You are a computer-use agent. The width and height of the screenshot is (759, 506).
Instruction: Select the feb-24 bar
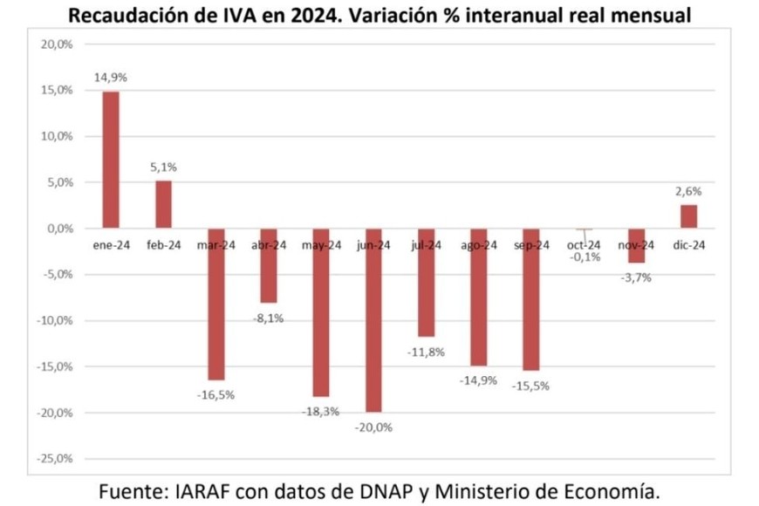[163, 204]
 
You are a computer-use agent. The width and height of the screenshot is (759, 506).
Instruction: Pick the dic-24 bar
[688, 216]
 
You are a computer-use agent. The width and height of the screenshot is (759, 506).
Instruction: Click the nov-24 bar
[636, 245]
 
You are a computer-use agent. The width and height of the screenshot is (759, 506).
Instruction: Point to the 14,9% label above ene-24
[111, 78]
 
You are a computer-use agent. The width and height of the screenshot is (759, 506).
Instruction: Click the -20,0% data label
[373, 427]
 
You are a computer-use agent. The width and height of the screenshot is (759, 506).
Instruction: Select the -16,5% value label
[215, 394]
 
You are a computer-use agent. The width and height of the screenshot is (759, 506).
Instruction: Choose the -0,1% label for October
[584, 257]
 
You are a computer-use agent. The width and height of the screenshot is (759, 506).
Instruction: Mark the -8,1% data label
[268, 318]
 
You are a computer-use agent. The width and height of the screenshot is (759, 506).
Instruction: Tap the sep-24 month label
[531, 245]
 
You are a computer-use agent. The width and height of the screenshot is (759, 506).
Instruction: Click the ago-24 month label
[479, 245]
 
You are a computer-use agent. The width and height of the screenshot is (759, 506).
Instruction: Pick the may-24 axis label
[321, 245]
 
